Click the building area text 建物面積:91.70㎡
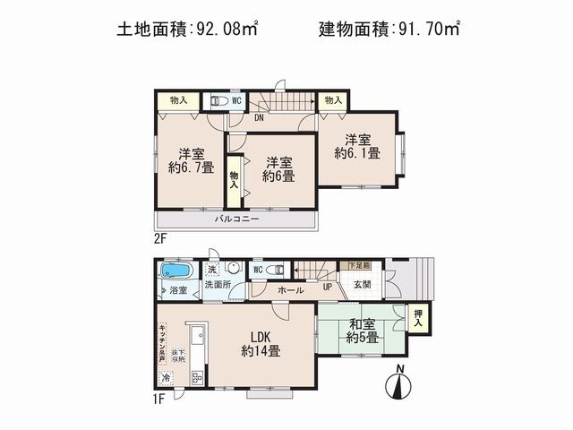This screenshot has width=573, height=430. [389, 29]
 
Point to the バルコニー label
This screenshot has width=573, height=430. [236, 219]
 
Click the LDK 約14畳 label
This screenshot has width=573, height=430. [261, 344]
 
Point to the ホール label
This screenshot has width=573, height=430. [290, 290]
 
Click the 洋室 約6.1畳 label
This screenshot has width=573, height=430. [358, 145]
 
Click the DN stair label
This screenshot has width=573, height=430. [259, 117]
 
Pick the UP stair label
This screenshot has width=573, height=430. [328, 288]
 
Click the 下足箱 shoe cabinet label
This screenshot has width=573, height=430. [357, 265]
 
